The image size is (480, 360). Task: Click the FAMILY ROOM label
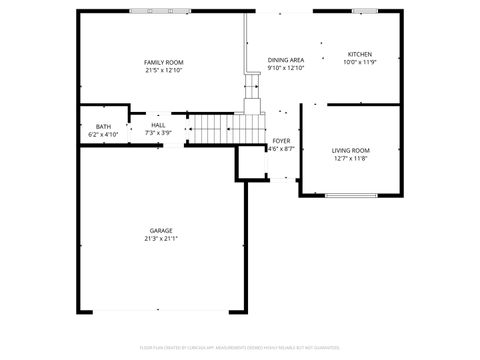click(164, 62)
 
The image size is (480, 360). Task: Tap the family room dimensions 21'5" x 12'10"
click(164, 71)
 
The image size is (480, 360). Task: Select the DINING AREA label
click(286, 60)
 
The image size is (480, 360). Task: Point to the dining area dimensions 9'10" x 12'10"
click(286, 69)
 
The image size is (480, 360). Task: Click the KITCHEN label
click(359, 54)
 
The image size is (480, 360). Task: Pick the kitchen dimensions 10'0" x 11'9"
click(359, 62)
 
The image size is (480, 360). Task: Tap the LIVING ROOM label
click(350, 150)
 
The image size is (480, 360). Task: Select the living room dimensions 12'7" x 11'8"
click(350, 159)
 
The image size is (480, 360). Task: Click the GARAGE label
click(161, 230)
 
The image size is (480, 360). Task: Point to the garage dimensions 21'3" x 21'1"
click(161, 239)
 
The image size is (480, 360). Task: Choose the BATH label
click(103, 126)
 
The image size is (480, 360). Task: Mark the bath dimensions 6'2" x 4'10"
click(103, 134)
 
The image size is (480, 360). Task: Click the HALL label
click(158, 125)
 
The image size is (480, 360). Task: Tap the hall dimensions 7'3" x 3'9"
click(158, 133)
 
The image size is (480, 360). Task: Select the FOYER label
click(282, 141)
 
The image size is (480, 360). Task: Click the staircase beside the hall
click(212, 129)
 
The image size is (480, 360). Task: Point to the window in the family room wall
click(159, 11)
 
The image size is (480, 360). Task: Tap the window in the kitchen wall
click(365, 11)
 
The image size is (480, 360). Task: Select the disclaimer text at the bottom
click(240, 347)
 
